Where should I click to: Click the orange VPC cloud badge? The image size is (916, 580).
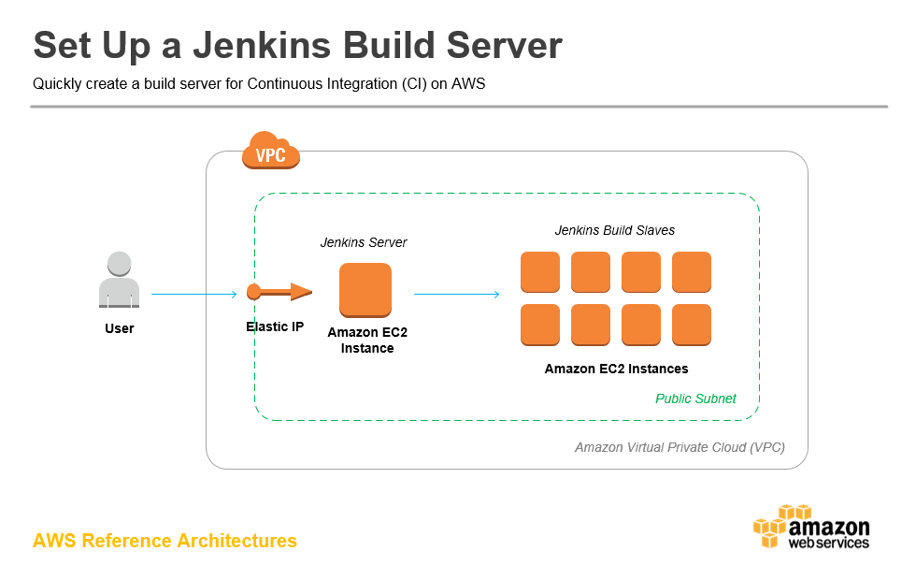pos(271,152)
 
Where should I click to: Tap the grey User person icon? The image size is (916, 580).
pos(120,280)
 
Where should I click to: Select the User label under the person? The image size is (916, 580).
pos(120,328)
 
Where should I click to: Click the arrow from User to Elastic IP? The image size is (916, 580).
pos(194,295)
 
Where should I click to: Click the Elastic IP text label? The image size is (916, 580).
pos(275,326)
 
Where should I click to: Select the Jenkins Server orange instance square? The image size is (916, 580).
pos(365,290)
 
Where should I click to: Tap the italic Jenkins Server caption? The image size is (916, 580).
pos(364,242)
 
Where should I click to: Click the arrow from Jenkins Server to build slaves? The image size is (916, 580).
pos(457,295)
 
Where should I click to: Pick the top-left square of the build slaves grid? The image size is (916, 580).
pos(540,272)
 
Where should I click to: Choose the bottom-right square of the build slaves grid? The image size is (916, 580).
pos(692,325)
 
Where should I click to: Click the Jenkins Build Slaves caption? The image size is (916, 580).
pos(615,230)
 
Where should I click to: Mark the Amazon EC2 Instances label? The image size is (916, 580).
pos(616,369)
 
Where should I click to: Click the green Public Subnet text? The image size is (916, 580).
pos(695,399)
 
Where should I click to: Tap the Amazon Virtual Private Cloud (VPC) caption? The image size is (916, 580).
pos(680,447)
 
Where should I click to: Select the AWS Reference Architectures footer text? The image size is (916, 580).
pos(165,541)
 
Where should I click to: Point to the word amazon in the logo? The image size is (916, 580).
pos(829,526)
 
